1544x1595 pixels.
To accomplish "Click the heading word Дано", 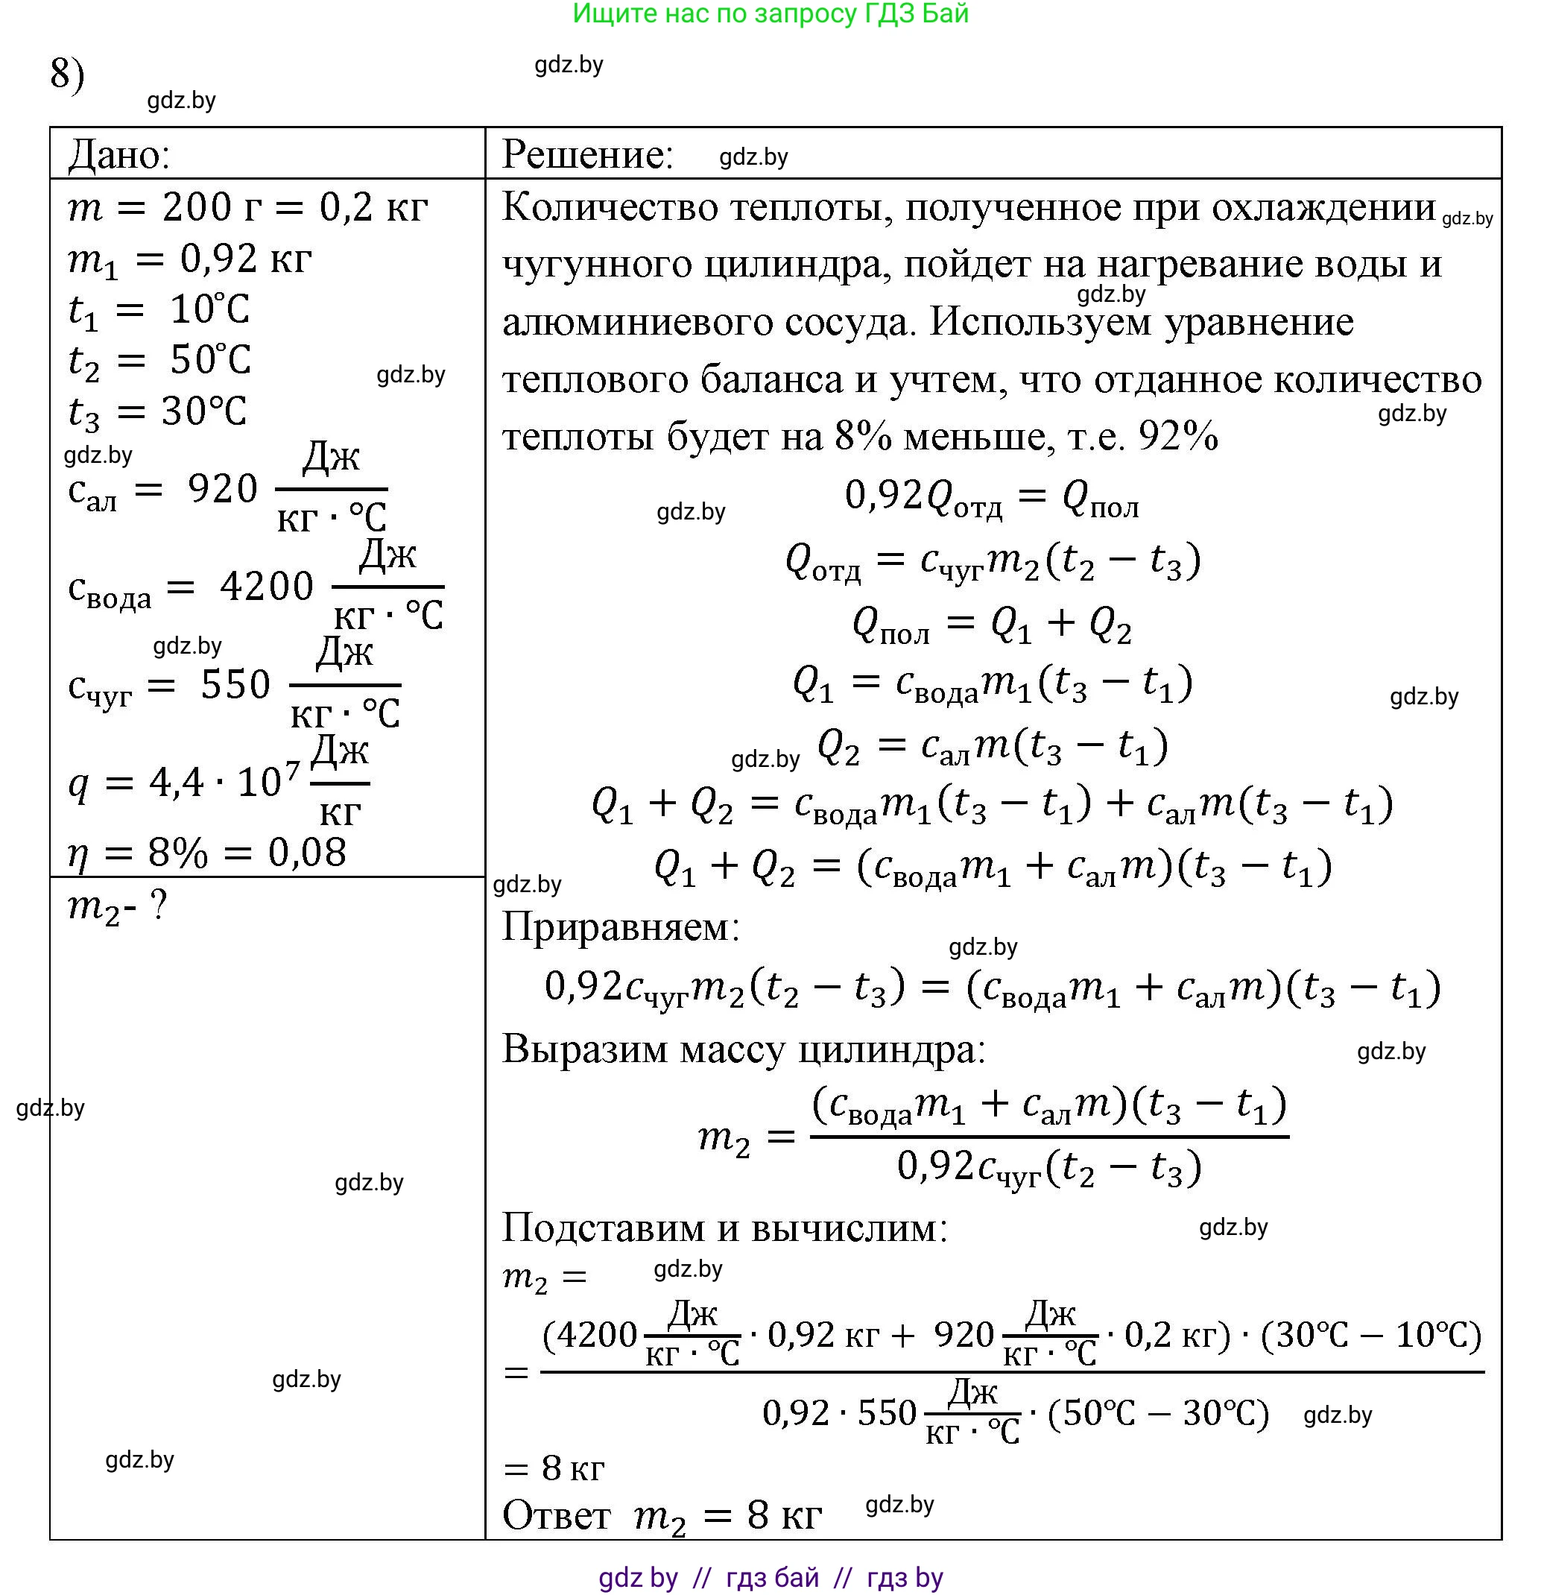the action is tap(118, 154).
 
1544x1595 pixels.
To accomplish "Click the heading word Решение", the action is tap(587, 154).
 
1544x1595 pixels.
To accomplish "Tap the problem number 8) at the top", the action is tap(67, 74).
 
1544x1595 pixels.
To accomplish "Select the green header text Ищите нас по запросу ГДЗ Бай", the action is tap(771, 14).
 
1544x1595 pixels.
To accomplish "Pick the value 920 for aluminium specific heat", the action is tap(222, 488).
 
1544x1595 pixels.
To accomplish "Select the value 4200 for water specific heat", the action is tap(266, 586).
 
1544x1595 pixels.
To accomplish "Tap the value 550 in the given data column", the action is tap(235, 684).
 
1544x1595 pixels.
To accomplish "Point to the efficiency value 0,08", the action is tap(307, 852).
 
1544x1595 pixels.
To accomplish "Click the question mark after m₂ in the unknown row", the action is tap(159, 905).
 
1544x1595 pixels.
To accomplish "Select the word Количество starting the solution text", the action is tap(610, 207).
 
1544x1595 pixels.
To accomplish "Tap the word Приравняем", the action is tap(621, 926).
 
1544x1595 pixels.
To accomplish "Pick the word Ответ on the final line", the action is tap(557, 1515).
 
